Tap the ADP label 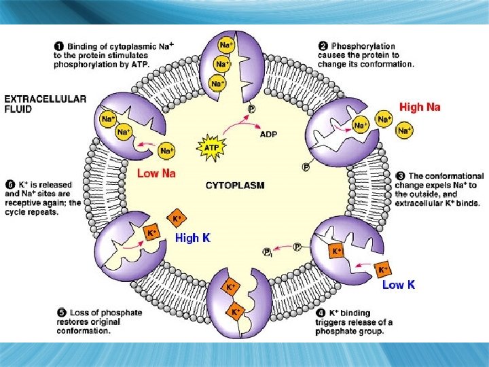click(268, 134)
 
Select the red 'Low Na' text click(157, 173)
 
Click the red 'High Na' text click(420, 107)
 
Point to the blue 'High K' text click(193, 238)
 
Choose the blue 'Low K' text click(399, 285)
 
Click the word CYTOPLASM click(235, 185)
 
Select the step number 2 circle click(323, 46)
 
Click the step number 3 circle click(399, 175)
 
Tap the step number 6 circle click(10, 184)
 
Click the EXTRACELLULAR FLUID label click(45, 103)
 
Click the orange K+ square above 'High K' click(177, 218)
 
